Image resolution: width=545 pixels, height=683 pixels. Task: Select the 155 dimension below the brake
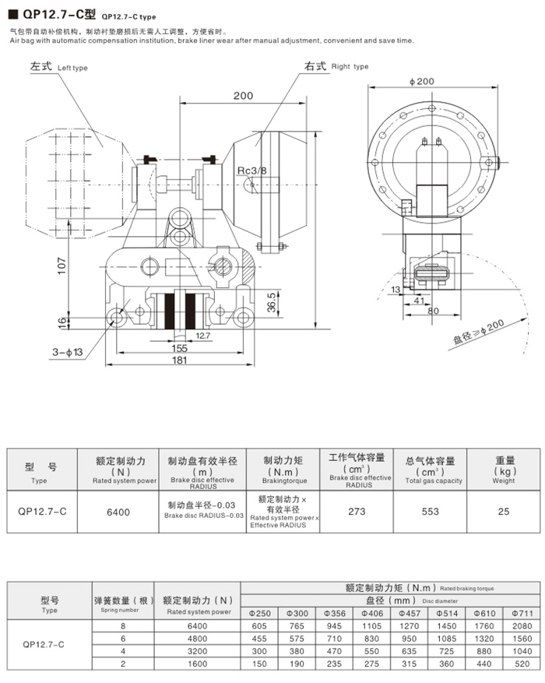pos(179,348)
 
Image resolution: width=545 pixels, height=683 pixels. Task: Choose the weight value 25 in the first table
pos(504,512)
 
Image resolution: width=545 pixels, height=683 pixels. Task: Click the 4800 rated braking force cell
pos(198,638)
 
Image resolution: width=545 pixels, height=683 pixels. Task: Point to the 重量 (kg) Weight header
pos(504,470)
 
